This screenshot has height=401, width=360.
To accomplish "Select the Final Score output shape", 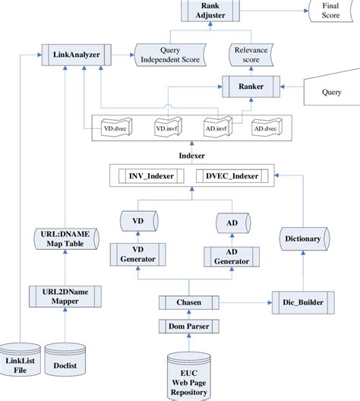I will [x=329, y=11].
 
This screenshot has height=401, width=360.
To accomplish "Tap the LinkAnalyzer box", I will [x=75, y=55].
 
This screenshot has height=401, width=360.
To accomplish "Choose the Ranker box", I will [x=252, y=87].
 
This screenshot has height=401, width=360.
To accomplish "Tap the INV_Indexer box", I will [x=152, y=176].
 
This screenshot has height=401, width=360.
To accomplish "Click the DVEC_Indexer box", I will [x=232, y=176].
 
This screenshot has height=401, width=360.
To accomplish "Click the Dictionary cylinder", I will [x=303, y=238].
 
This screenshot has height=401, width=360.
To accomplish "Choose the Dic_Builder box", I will [x=303, y=302].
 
